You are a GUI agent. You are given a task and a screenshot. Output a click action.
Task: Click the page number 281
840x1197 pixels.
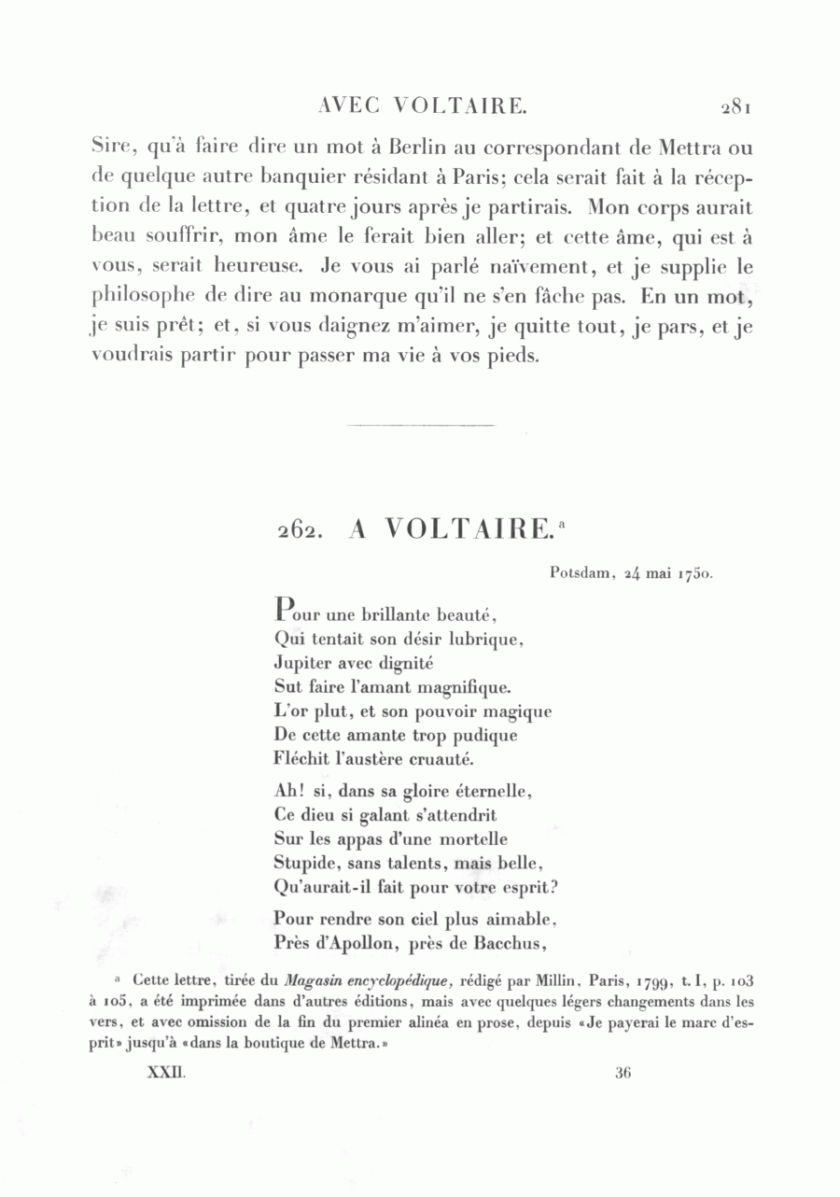[x=735, y=107]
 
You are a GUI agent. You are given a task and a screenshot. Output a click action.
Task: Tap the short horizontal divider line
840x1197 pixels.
[x=420, y=426]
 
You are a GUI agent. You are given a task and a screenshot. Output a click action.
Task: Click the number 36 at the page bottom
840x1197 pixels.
[x=624, y=1073]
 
